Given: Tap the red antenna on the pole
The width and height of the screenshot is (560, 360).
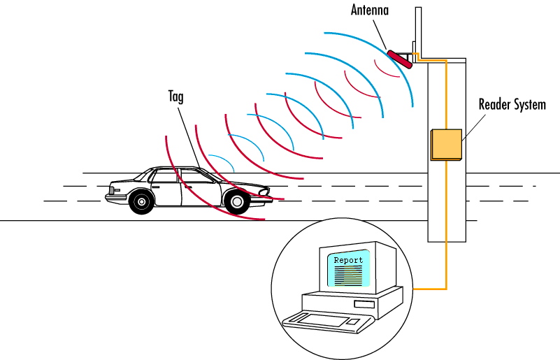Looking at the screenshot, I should [401, 57].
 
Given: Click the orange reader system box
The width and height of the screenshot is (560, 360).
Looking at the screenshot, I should [446, 144].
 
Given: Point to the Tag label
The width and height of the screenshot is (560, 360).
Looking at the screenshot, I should [175, 96].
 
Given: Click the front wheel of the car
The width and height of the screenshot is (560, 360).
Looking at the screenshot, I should [142, 202].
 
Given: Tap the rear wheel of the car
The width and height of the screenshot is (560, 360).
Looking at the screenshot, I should [237, 202].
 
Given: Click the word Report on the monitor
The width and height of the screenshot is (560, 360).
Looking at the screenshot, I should [348, 260].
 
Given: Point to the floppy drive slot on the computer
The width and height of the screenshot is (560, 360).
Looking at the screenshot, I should [364, 305].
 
